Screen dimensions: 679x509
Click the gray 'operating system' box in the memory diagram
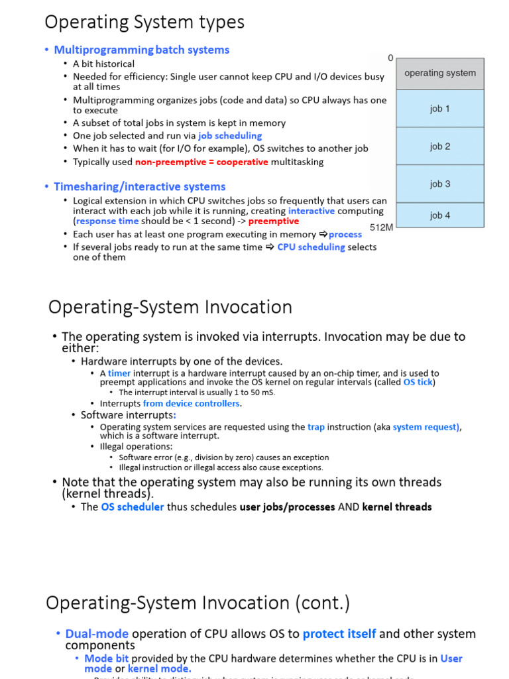[x=440, y=73]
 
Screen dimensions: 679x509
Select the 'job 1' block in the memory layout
[x=440, y=109]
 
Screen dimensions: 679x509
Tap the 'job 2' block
[x=440, y=147]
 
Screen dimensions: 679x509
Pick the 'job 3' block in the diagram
[x=440, y=184]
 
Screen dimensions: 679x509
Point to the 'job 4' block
[x=440, y=215]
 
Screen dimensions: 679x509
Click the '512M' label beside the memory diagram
[x=382, y=227]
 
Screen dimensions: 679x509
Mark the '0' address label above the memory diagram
[x=390, y=58]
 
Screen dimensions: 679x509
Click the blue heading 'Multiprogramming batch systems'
[x=141, y=50]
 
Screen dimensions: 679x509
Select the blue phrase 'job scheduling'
[x=230, y=136]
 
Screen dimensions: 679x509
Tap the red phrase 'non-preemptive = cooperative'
[x=201, y=162]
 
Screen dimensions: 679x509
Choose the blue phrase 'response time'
[x=107, y=221]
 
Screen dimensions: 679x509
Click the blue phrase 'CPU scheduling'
[x=311, y=247]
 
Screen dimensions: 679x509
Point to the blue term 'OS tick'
[x=418, y=382]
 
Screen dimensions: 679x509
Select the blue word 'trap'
[x=316, y=427]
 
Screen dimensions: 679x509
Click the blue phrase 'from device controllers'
[x=191, y=403]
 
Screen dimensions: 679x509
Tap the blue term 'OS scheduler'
[x=132, y=507]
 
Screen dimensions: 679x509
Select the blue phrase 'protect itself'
[x=339, y=634]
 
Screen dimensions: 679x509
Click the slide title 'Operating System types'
[x=144, y=22]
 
